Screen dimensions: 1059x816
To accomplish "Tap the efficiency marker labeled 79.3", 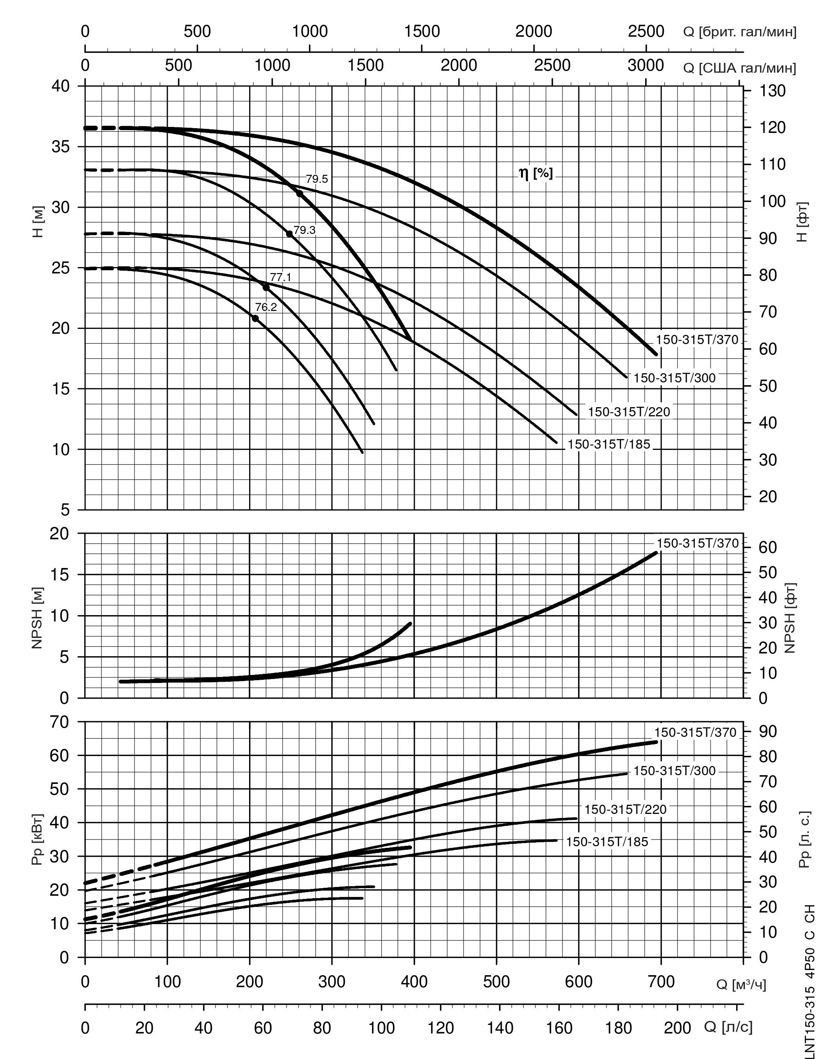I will (x=289, y=234).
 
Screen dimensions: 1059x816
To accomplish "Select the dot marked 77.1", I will (x=266, y=287).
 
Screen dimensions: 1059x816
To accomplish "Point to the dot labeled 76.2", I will (x=255, y=318).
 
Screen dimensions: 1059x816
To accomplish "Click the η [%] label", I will (x=536, y=173).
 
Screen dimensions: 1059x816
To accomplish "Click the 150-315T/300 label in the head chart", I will (x=674, y=378).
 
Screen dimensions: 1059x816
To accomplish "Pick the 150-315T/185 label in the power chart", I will (x=607, y=842).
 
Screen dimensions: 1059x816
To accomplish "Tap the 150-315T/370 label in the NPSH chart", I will (x=697, y=543).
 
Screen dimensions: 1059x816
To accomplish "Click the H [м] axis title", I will (x=39, y=222).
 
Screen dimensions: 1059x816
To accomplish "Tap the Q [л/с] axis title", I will (x=728, y=1027).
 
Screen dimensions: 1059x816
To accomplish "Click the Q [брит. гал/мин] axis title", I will (x=739, y=32).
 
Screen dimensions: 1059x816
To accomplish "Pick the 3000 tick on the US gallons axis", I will (x=645, y=65).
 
